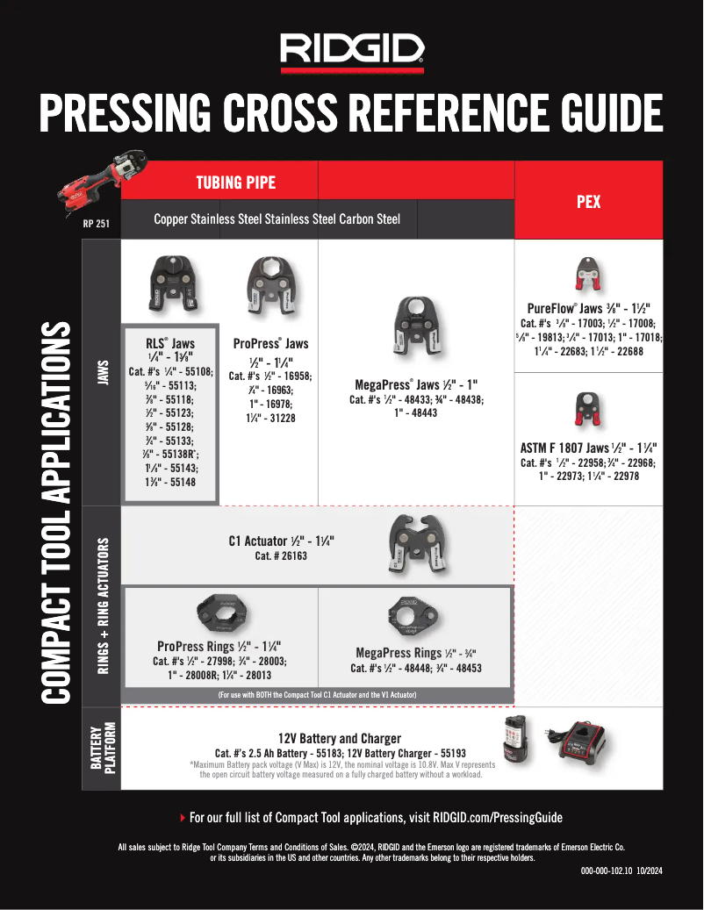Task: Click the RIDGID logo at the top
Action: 352,54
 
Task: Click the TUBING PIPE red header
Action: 234,183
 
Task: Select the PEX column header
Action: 588,201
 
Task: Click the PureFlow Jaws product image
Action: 587,275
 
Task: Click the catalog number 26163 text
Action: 281,556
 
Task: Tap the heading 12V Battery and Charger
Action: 340,738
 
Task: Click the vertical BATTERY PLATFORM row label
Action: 101,749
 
